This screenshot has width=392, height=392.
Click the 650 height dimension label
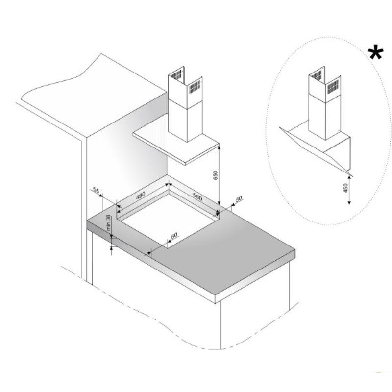pyautogui.click(x=216, y=175)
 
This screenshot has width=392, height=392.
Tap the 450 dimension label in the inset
pyautogui.click(x=346, y=188)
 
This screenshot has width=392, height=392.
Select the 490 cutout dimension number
pyautogui.click(x=141, y=195)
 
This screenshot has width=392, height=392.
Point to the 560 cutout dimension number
pyautogui.click(x=197, y=197)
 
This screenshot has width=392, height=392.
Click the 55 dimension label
pyautogui.click(x=96, y=190)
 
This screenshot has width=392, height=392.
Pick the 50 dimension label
pyautogui.click(x=239, y=199)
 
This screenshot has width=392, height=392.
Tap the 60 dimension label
pyautogui.click(x=174, y=235)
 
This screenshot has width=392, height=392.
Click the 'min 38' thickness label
pyautogui.click(x=108, y=222)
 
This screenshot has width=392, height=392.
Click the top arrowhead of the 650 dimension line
pyautogui.click(x=219, y=148)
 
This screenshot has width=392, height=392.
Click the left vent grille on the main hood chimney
pyautogui.click(x=176, y=75)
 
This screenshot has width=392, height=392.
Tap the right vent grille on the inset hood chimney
pyautogui.click(x=333, y=87)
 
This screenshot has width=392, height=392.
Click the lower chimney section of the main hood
pyautogui.click(x=185, y=121)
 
